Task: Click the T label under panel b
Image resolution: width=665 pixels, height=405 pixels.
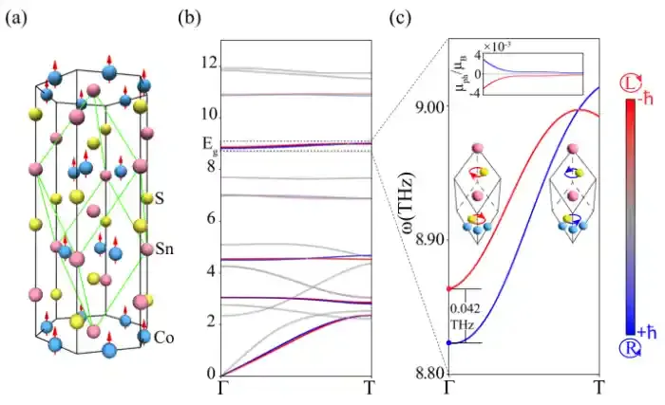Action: coord(371,388)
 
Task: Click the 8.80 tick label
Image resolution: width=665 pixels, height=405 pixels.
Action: coord(427,376)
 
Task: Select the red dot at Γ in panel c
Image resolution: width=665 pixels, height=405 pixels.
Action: coord(446,288)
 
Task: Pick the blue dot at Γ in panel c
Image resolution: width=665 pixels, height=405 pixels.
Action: coord(446,342)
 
